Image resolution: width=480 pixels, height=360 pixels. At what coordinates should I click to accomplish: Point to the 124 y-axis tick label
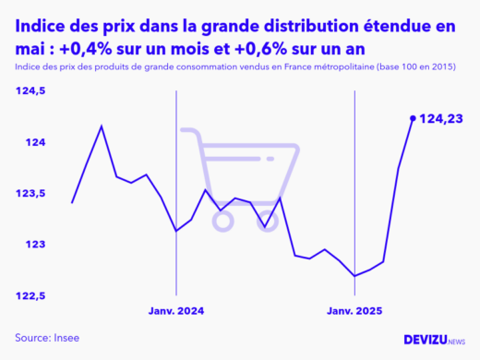[x=34, y=142]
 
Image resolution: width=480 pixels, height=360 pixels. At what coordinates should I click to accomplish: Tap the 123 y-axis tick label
[x=34, y=245]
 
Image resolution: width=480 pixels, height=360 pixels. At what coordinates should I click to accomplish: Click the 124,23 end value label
[x=440, y=118]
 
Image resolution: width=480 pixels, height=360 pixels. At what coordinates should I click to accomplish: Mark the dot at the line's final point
[x=412, y=118]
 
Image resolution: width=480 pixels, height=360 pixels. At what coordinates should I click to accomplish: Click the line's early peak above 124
[x=102, y=126]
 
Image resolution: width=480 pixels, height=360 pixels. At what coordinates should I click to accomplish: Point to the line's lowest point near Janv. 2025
[x=355, y=275]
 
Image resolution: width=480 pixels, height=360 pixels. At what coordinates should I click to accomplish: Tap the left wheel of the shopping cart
[x=222, y=220]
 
